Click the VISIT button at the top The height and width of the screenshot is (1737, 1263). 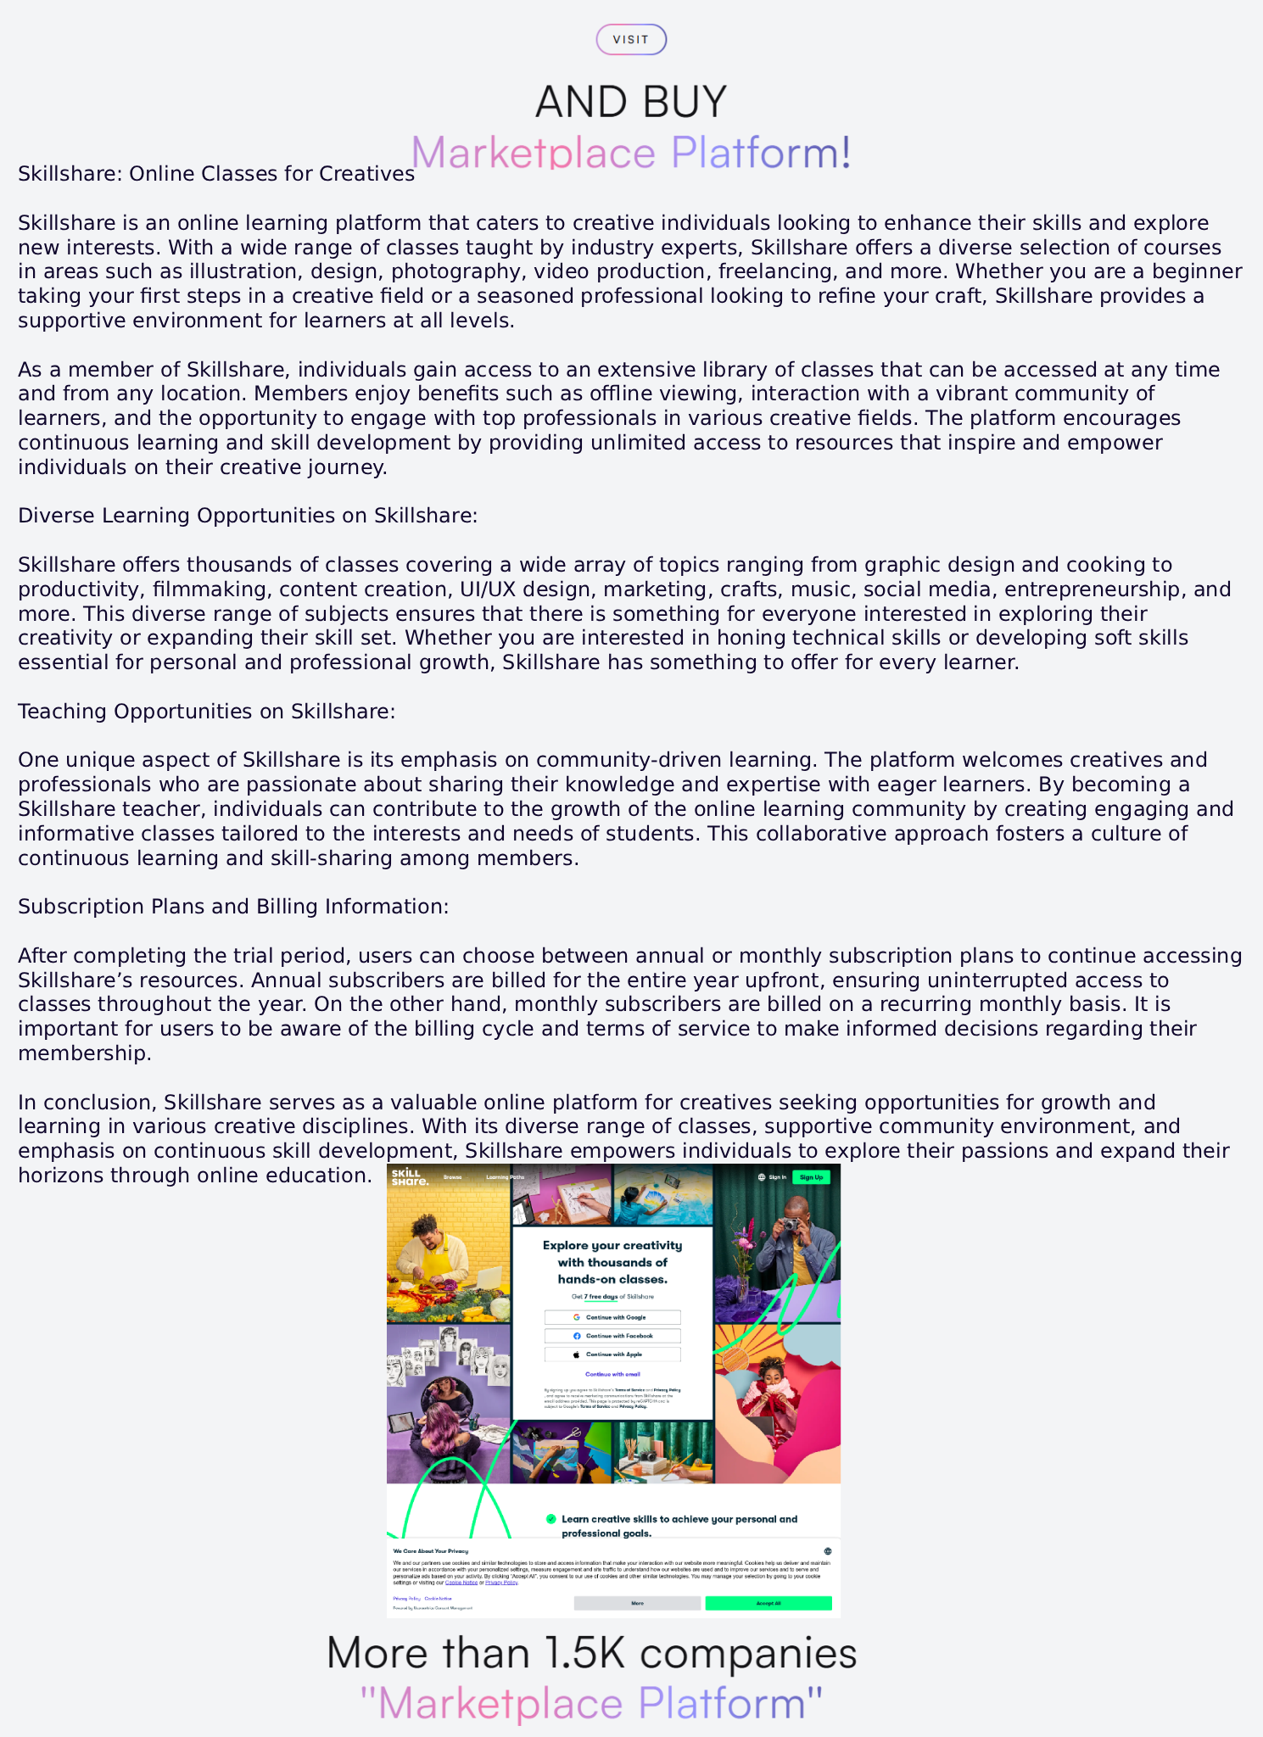(631, 40)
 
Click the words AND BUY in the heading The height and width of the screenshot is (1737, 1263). (631, 102)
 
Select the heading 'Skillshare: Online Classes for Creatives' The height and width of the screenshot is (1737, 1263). (216, 174)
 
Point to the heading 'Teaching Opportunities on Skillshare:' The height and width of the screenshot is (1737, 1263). (207, 712)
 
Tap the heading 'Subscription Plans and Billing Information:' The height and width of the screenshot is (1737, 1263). (233, 907)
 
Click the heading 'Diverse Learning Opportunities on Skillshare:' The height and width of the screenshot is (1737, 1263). (248, 516)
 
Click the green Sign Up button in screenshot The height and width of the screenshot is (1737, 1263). (811, 1177)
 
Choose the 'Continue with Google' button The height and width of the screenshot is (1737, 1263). (612, 1317)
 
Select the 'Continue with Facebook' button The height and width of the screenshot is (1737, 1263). (612, 1336)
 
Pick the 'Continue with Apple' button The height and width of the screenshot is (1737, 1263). (612, 1354)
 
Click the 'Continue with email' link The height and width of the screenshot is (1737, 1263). (612, 1374)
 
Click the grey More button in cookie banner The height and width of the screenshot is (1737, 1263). (637, 1603)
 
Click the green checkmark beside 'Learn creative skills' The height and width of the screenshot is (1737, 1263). (551, 1519)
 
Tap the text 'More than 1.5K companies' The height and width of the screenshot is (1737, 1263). (591, 1653)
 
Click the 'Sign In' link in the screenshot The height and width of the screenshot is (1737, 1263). (773, 1177)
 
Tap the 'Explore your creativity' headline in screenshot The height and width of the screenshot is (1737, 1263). (612, 1246)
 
